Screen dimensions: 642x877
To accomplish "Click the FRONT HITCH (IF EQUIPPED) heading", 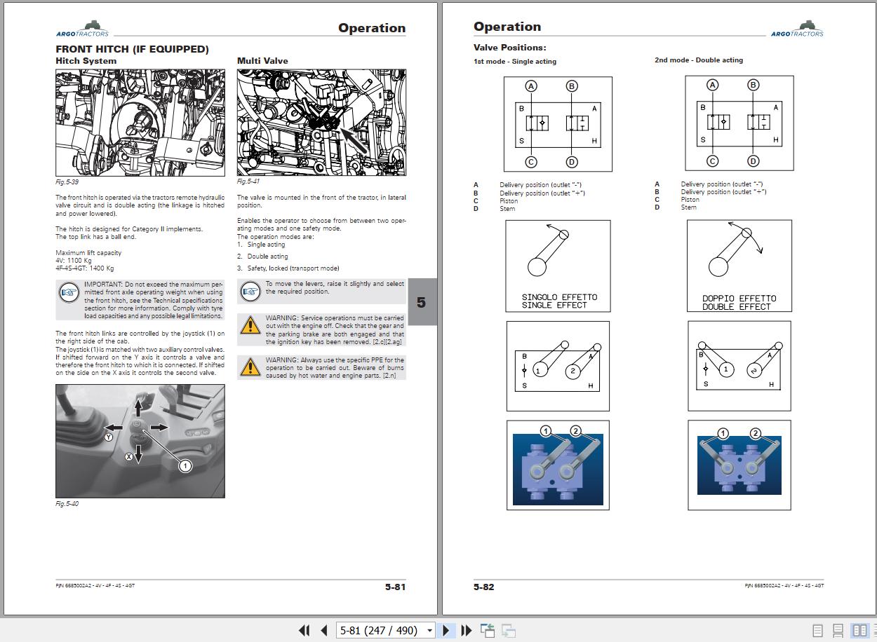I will pyautogui.click(x=132, y=49).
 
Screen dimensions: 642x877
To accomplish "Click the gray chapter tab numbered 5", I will pyautogui.click(x=421, y=302).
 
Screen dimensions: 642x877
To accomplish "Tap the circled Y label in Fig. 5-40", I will pyautogui.click(x=109, y=437).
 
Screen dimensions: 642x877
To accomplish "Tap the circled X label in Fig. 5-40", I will pyautogui.click(x=129, y=456).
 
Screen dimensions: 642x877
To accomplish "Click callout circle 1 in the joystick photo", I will pyautogui.click(x=185, y=466).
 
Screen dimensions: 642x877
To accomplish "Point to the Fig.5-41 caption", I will pyautogui.click(x=248, y=182).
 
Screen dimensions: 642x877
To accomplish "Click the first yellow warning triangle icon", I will pyautogui.click(x=250, y=325).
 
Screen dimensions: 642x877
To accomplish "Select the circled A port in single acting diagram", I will pyautogui.click(x=531, y=86).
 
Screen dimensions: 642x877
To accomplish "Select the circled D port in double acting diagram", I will pyautogui.click(x=753, y=161).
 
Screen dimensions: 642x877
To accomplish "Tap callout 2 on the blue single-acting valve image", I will pyautogui.click(x=576, y=430).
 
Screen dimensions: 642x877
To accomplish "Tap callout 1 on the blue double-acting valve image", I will pyautogui.click(x=723, y=433).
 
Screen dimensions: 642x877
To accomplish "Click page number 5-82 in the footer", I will pyautogui.click(x=483, y=587).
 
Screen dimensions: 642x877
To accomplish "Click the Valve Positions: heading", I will pyautogui.click(x=509, y=48).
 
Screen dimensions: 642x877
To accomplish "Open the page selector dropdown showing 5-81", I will pyautogui.click(x=429, y=630).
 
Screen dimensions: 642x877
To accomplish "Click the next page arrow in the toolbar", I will pyautogui.click(x=446, y=630).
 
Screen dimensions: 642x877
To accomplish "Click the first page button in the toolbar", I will pyautogui.click(x=304, y=630).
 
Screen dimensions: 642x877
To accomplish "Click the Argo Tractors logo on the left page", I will pyautogui.click(x=83, y=29).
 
